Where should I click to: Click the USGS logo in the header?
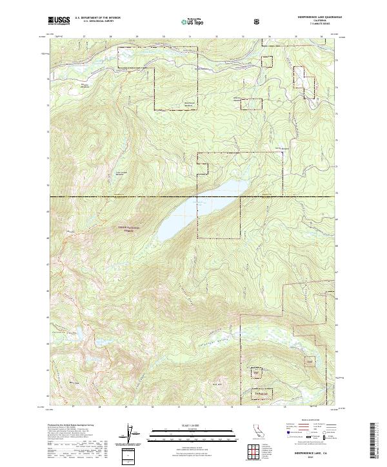click(x=59, y=21)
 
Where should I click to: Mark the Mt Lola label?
click(x=72, y=231)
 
